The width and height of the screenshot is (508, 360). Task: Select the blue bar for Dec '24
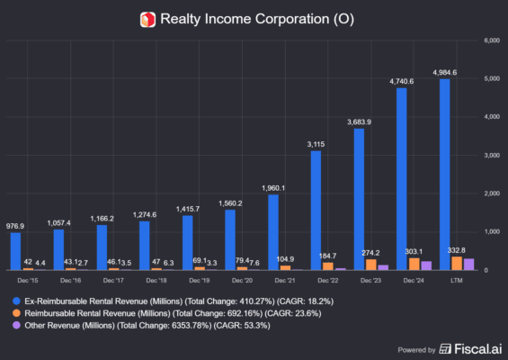[401, 179]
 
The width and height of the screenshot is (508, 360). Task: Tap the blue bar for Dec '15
[15, 251]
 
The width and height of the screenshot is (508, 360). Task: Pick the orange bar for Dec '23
[371, 265]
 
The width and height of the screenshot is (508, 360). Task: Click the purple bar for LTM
[468, 264]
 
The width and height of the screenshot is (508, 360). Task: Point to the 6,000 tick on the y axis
[493, 40]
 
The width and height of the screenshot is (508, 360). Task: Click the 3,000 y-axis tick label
[493, 156]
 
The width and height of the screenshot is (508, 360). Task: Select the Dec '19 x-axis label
[187, 280]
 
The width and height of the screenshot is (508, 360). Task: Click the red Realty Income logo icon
[147, 18]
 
